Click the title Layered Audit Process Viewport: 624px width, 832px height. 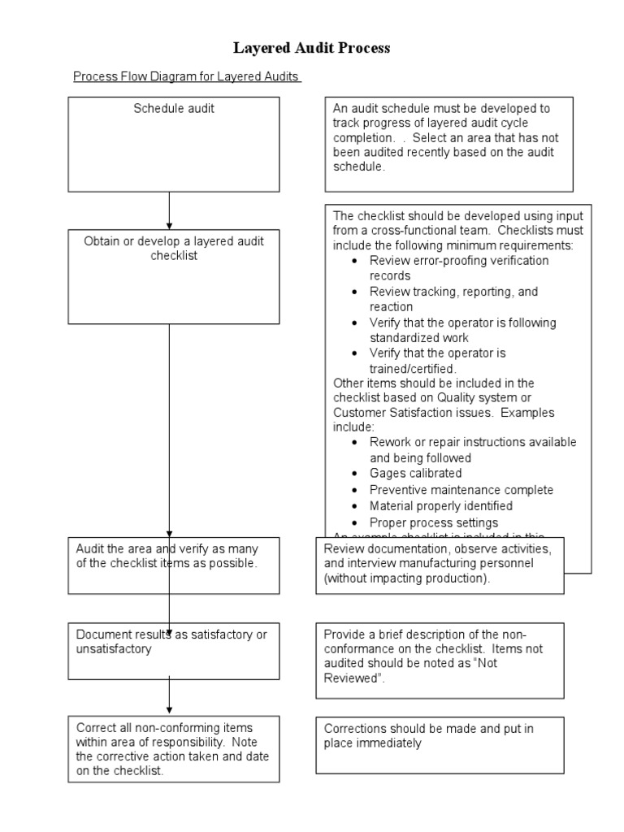[312, 48]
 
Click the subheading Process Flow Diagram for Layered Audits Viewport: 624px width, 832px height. [187, 77]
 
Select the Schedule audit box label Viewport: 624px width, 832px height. [174, 109]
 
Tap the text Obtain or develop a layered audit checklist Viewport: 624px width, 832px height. [174, 248]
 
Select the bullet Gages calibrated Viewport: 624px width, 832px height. [415, 474]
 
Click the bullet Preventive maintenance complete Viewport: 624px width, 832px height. [461, 490]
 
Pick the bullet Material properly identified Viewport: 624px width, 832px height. [440, 506]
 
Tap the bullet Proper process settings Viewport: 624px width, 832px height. [433, 522]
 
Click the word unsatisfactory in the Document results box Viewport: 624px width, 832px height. [114, 649]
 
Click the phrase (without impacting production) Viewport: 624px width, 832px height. [407, 579]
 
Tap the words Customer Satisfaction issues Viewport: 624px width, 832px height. [403, 413]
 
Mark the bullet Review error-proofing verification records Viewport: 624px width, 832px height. [459, 268]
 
